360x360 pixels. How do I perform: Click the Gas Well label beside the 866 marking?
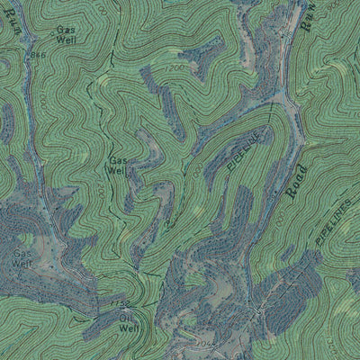click(x=66, y=34)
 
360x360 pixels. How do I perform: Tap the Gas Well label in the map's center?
click(x=118, y=165)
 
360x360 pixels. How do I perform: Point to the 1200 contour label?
click(x=175, y=68)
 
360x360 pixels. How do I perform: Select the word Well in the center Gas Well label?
click(x=118, y=170)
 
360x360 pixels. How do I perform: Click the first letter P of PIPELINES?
click(x=318, y=238)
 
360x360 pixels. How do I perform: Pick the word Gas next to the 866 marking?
click(x=66, y=29)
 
